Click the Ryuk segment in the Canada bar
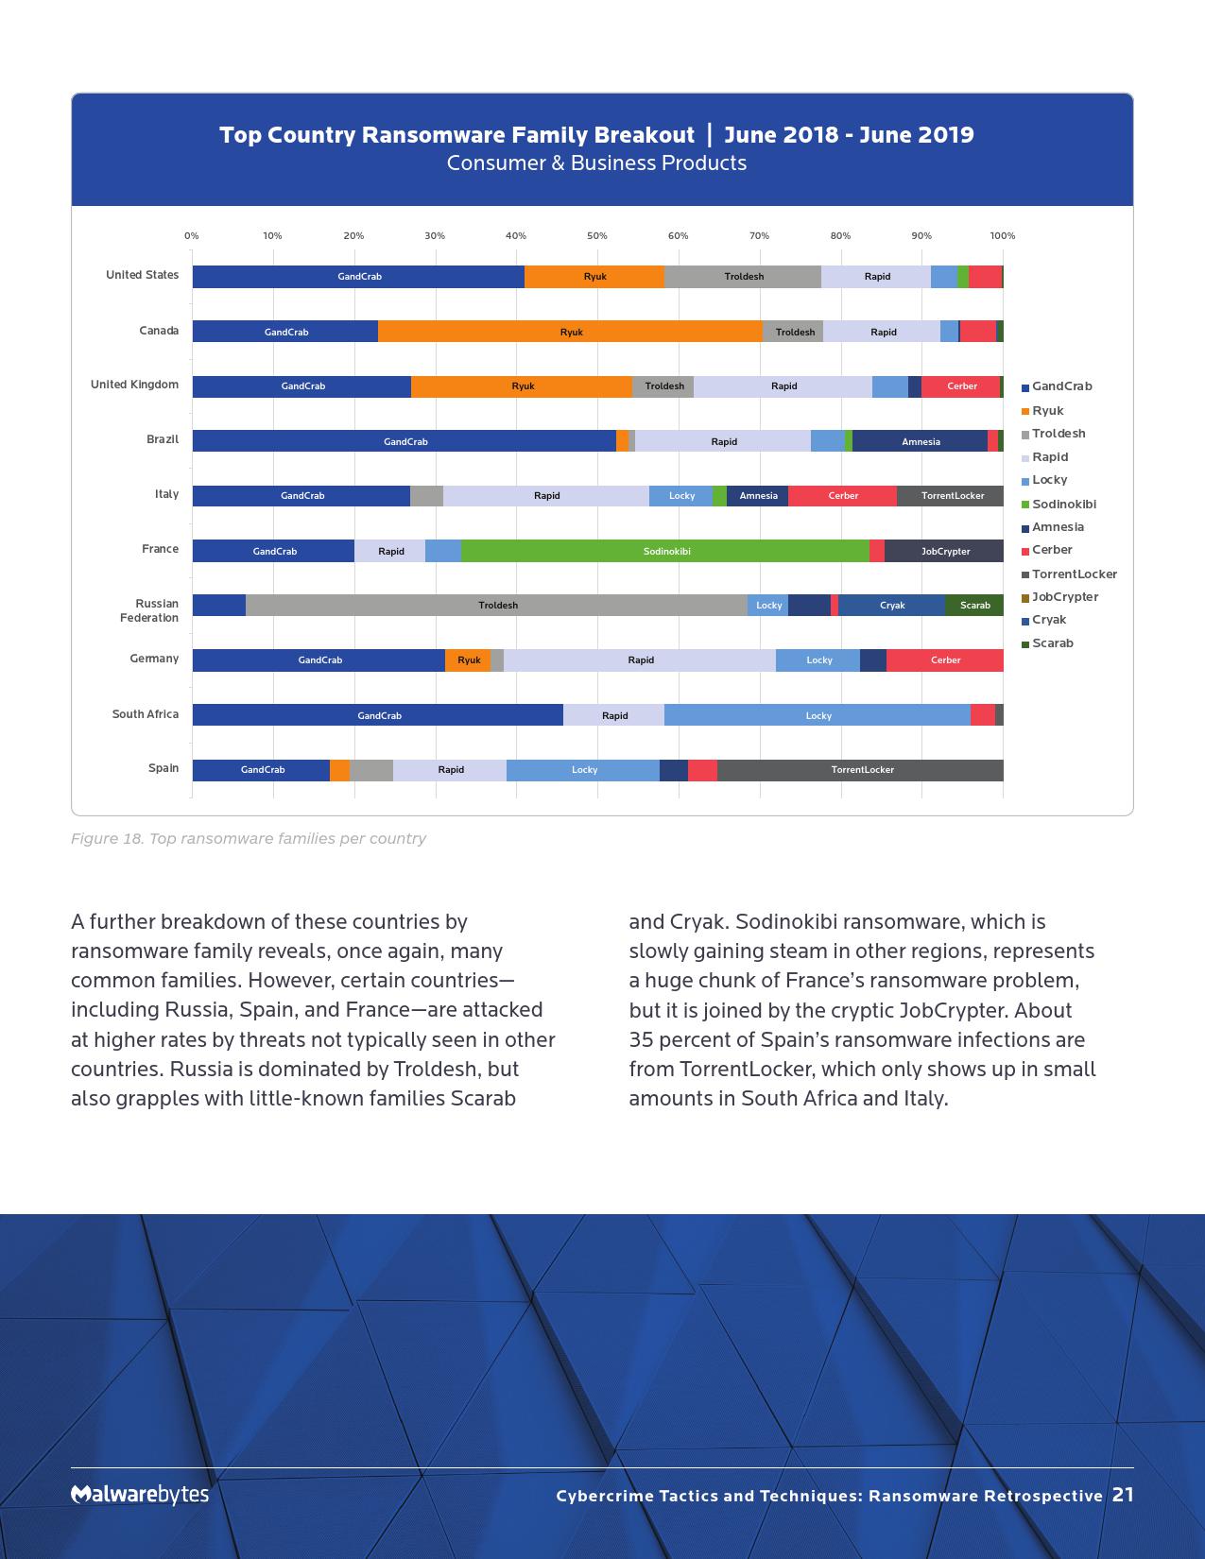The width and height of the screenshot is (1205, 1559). (570, 332)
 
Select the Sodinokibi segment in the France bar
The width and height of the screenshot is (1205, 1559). (665, 551)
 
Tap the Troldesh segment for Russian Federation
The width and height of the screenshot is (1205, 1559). (497, 605)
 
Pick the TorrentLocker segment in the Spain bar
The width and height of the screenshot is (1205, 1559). (861, 770)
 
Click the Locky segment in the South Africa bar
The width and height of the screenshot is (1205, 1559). (818, 715)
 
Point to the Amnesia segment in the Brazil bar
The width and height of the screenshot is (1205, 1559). (920, 441)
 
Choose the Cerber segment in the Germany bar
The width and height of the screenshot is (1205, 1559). (944, 660)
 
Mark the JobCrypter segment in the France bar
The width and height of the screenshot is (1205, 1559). (944, 551)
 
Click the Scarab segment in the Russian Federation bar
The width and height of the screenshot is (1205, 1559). (973, 605)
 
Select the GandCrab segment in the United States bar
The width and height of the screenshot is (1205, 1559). (359, 277)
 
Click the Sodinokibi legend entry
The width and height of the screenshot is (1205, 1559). (1063, 504)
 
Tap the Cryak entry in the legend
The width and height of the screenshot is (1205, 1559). (1048, 620)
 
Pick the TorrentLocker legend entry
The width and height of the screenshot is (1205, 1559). (1074, 574)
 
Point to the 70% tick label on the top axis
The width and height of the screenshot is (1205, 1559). (759, 235)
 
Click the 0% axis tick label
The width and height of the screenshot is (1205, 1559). (192, 235)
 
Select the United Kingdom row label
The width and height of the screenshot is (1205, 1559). (134, 385)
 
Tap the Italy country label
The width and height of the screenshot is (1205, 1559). (166, 494)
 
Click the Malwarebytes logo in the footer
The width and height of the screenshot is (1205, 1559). (140, 1494)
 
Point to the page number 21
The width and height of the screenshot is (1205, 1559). (1123, 1495)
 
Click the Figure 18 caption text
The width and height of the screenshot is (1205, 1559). (249, 838)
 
